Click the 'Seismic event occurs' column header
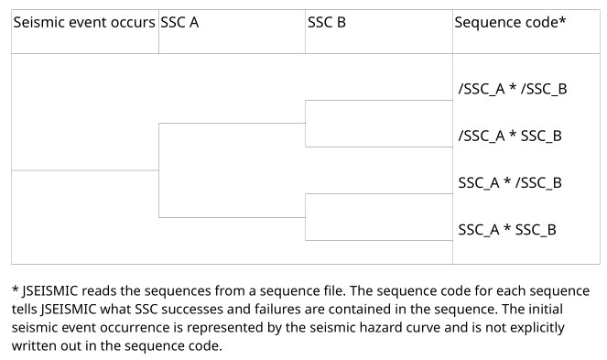(83, 22)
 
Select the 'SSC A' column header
(179, 22)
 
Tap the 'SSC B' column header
(326, 22)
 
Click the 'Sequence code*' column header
(510, 22)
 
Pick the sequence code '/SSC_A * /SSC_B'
(513, 89)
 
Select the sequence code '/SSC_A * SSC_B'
(510, 136)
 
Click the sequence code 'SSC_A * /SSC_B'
(510, 182)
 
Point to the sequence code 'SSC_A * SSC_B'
(507, 229)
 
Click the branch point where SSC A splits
(159, 170)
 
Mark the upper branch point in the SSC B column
(306, 124)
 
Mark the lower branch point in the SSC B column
(306, 217)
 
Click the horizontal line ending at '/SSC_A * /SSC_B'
(379, 101)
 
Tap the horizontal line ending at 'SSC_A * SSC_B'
(379, 240)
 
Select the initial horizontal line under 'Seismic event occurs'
(85, 170)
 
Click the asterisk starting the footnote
(15, 290)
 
